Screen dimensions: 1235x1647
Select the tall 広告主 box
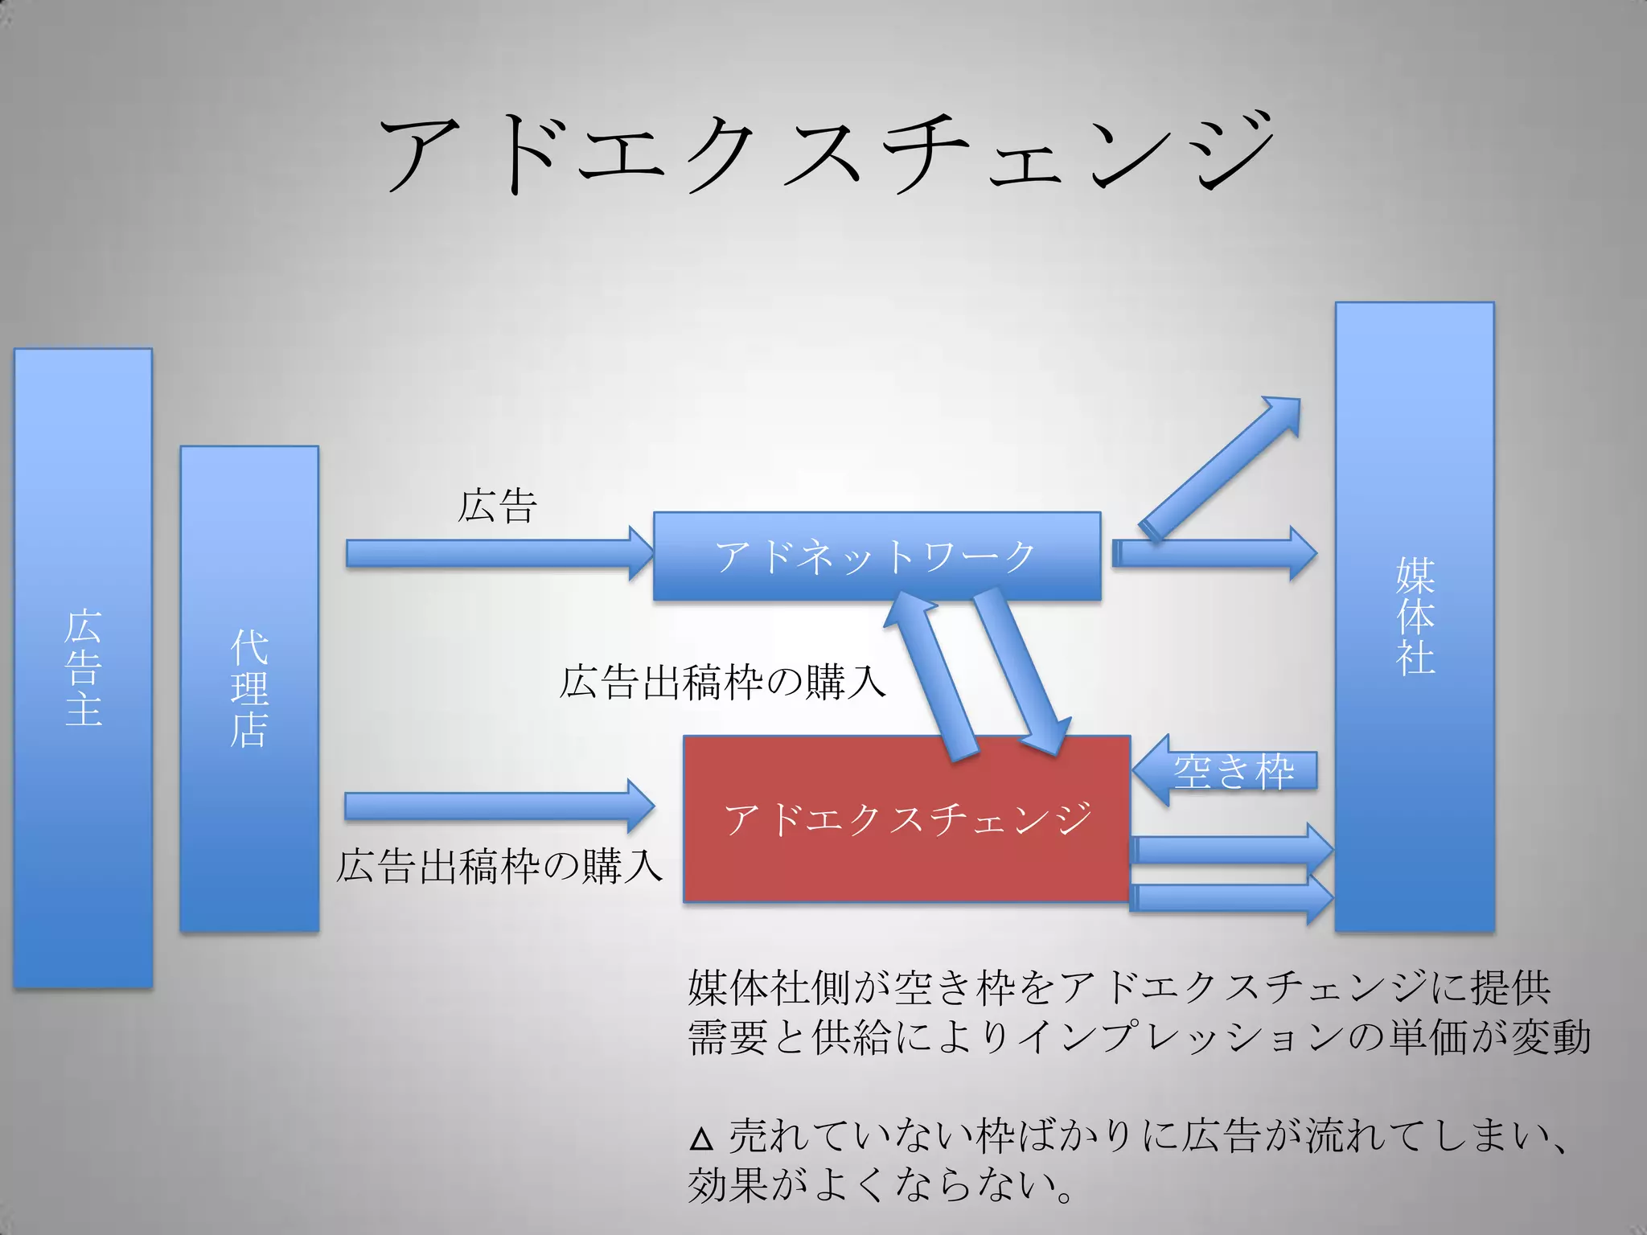tap(83, 667)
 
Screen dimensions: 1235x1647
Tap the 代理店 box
tap(249, 688)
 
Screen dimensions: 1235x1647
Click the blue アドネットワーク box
tap(877, 556)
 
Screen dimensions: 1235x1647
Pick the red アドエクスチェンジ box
tap(907, 819)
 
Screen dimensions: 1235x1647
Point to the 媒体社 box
tap(1415, 616)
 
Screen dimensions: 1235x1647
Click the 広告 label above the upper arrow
tap(497, 507)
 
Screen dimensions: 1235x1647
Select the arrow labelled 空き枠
tap(1226, 770)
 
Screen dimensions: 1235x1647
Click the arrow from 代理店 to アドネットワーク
tap(499, 553)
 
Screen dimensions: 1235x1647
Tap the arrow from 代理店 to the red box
tap(499, 806)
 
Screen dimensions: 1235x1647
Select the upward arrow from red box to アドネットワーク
tap(933, 675)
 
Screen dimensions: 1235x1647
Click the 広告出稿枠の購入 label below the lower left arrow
tap(499, 867)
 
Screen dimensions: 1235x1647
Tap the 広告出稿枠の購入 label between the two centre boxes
tap(722, 682)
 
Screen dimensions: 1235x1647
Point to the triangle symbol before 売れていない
tap(701, 1139)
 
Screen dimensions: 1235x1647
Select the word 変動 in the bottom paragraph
tap(1551, 1036)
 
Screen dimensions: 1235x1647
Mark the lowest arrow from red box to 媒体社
tap(1230, 899)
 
